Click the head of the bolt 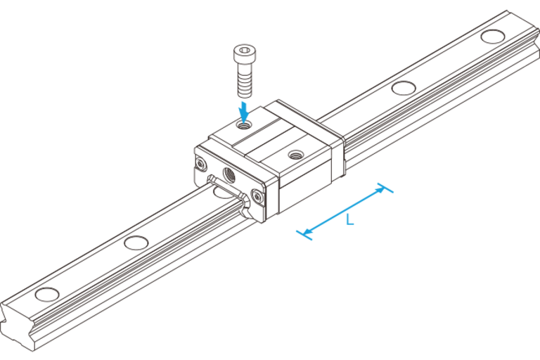[x=244, y=54]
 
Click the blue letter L [x=350, y=220]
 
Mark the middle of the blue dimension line [x=345, y=210]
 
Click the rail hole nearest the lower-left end [x=46, y=292]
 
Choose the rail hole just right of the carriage [x=402, y=88]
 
